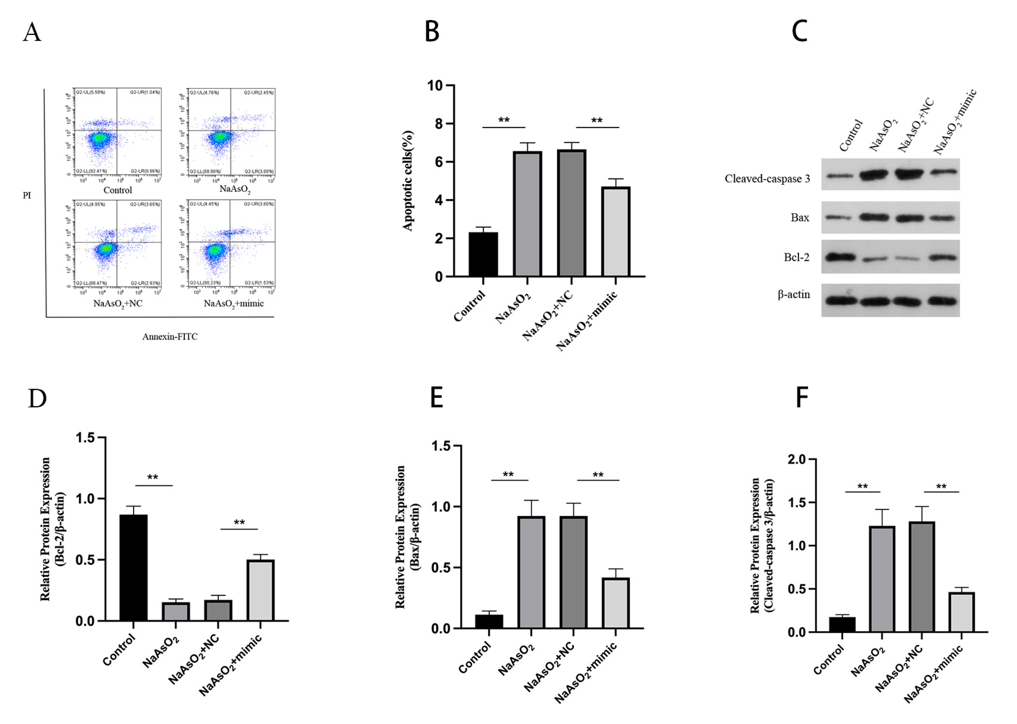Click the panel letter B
click(x=432, y=32)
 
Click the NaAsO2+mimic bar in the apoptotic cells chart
click(x=615, y=232)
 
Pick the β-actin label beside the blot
click(x=794, y=295)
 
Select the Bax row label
click(x=799, y=218)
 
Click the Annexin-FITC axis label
click(x=169, y=337)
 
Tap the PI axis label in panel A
click(x=27, y=195)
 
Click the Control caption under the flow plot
click(x=118, y=190)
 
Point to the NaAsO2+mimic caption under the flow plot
click(x=234, y=304)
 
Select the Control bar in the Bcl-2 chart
click(x=133, y=567)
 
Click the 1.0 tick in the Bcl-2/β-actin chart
click(x=85, y=499)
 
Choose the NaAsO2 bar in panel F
click(x=881, y=578)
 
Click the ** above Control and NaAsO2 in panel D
click(x=152, y=478)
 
